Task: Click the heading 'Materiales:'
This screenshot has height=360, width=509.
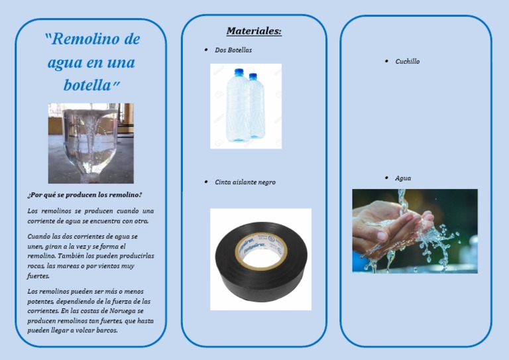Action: click(254, 31)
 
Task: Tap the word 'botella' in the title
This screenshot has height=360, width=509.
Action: click(87, 86)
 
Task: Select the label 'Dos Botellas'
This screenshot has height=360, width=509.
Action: click(233, 50)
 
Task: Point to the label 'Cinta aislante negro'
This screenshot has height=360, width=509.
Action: click(245, 182)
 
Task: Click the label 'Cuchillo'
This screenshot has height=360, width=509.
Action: click(407, 62)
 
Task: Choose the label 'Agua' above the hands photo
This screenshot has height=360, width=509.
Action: click(403, 178)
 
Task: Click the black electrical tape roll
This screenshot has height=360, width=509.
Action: click(260, 260)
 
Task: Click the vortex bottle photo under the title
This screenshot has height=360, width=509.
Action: click(91, 143)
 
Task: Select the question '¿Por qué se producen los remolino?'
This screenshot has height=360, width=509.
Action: click(84, 195)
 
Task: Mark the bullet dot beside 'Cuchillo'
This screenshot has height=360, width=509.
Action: click(386, 61)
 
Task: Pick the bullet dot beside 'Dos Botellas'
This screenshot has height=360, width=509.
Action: click(207, 50)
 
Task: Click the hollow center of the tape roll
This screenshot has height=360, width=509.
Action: click(260, 252)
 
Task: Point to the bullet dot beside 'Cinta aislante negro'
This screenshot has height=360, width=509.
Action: click(207, 182)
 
